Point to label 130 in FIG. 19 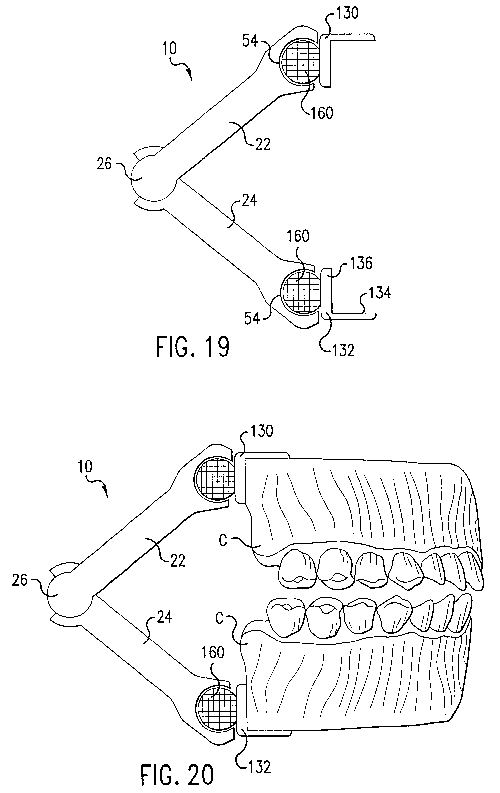[347, 13]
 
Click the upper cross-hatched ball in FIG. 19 [299, 62]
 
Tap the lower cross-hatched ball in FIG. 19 [300, 291]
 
